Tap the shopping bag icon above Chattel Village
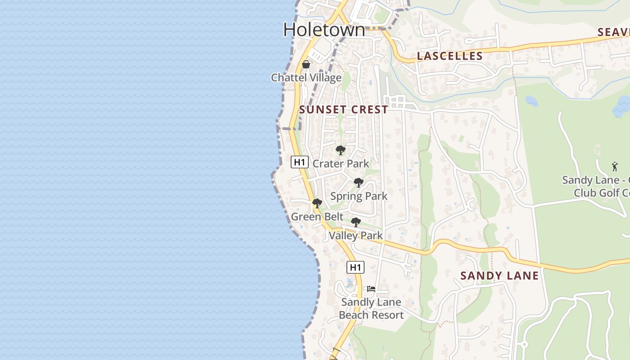[x=306, y=64]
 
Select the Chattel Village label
[x=306, y=77]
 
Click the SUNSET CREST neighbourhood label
[x=343, y=109]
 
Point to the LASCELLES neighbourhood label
[x=450, y=56]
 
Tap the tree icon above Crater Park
[x=341, y=150]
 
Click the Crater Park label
[x=341, y=163]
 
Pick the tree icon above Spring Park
[x=359, y=183]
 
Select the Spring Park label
[x=359, y=196]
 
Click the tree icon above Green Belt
[x=317, y=203]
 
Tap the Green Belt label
[x=317, y=216]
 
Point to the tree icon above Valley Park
[x=356, y=222]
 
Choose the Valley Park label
[x=356, y=235]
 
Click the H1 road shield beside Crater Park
[x=299, y=162]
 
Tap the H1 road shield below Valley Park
[x=355, y=267]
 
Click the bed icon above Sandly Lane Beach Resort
[x=371, y=288]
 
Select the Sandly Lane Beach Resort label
[x=371, y=308]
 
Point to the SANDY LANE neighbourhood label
[x=499, y=275]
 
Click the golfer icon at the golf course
[x=615, y=166]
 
